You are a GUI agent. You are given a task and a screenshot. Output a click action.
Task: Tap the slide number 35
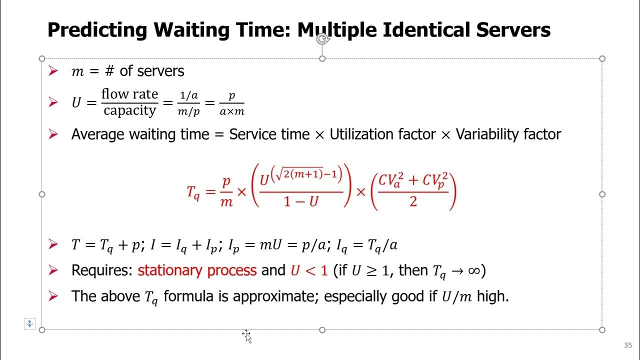point(628,345)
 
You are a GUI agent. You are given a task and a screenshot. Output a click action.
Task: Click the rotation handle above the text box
point(322,39)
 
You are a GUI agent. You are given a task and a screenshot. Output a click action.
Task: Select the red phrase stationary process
point(197,270)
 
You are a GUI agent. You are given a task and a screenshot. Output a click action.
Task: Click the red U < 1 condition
point(308,271)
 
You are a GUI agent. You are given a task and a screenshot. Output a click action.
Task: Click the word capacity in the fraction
point(129,110)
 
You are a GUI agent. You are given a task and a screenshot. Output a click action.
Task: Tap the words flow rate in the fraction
point(129,94)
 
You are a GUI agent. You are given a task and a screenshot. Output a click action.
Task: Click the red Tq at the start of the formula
point(193,191)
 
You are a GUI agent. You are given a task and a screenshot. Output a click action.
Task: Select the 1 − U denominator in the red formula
point(300,202)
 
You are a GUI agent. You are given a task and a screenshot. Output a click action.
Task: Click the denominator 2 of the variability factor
point(413,202)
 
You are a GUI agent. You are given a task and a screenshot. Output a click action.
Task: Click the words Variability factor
point(508,134)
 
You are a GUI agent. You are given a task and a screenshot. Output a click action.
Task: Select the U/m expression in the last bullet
point(457,296)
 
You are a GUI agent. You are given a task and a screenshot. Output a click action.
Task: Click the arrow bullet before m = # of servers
point(53,71)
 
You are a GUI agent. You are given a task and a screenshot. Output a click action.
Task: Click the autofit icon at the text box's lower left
point(29,324)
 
